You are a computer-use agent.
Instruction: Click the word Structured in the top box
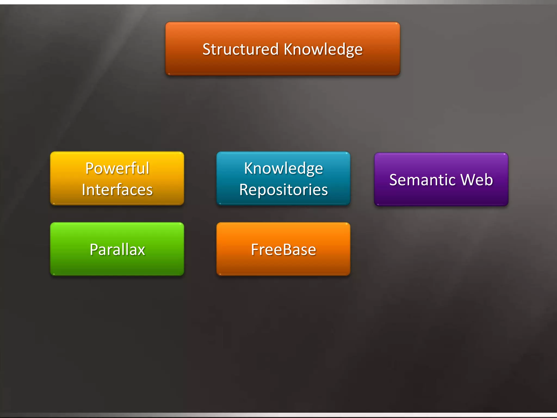[x=240, y=49]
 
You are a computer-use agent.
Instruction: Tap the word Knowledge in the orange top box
[x=323, y=50]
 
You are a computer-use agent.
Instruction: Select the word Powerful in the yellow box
[x=117, y=168]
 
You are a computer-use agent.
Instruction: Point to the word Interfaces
[x=117, y=190]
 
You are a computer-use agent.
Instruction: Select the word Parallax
[x=117, y=250]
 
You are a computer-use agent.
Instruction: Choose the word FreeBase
[x=283, y=250]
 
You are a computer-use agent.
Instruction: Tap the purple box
[x=441, y=196]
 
